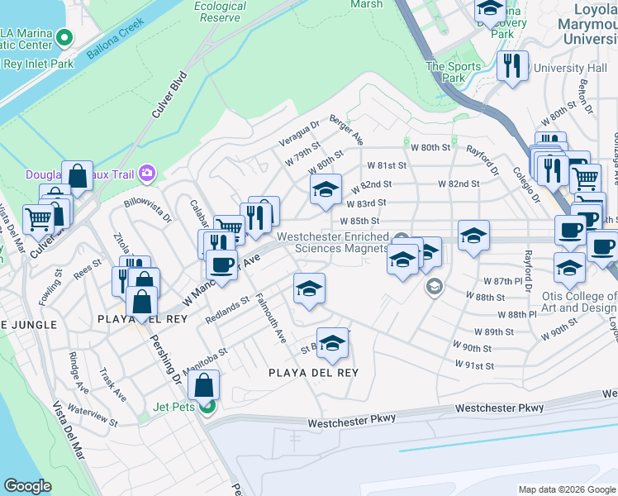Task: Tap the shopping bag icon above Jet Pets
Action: pyautogui.click(x=204, y=384)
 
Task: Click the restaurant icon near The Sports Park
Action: pyautogui.click(x=514, y=66)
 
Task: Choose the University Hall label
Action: pyautogui.click(x=571, y=68)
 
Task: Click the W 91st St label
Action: pyautogui.click(x=473, y=365)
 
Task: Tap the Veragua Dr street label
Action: pyautogui.click(x=303, y=134)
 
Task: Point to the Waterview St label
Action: pyautogui.click(x=92, y=415)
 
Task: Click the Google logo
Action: pyautogui.click(x=28, y=486)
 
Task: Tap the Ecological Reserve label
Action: pyautogui.click(x=220, y=12)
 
